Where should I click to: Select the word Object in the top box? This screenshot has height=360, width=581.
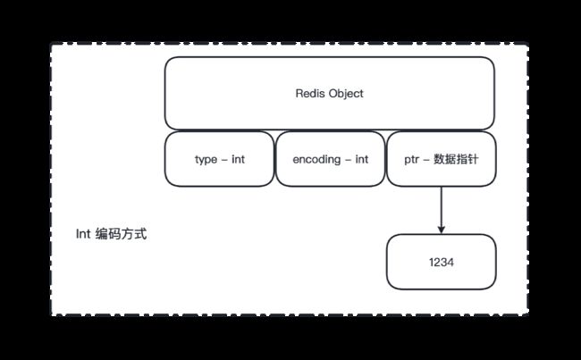(345, 94)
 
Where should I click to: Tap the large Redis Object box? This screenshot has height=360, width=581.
(330, 93)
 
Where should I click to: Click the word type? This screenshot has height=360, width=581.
(206, 160)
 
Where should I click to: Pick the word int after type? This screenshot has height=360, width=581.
(239, 159)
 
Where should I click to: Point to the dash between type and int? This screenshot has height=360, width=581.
(224, 160)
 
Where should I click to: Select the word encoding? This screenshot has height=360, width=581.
(316, 160)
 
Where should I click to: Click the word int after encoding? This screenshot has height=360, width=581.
(362, 159)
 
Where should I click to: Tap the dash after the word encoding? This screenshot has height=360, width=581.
(348, 160)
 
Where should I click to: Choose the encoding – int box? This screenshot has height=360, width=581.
(330, 159)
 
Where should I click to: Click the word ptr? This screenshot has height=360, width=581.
(412, 160)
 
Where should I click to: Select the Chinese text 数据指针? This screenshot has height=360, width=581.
(456, 159)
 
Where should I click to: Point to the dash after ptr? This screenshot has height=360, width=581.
(426, 160)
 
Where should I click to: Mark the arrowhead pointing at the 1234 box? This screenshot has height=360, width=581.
(441, 230)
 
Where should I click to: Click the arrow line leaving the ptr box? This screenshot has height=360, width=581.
(441, 210)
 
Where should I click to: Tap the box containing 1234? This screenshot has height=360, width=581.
(441, 262)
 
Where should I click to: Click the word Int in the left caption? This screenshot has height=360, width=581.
(83, 234)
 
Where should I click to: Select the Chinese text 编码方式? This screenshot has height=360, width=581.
(121, 234)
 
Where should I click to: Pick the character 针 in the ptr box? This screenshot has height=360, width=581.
(473, 159)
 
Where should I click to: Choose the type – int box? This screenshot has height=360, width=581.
(219, 159)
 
